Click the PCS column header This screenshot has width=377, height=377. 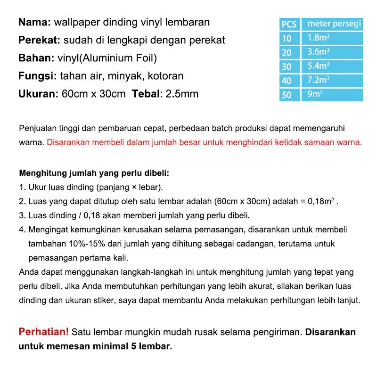[289, 24]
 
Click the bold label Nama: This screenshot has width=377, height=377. [35, 23]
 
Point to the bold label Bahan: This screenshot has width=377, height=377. [36, 58]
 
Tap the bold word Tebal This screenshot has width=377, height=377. [146, 94]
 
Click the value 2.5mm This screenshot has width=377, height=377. [181, 94]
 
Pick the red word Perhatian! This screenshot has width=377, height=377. [43, 332]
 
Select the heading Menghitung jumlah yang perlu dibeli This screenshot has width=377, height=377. [94, 172]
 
